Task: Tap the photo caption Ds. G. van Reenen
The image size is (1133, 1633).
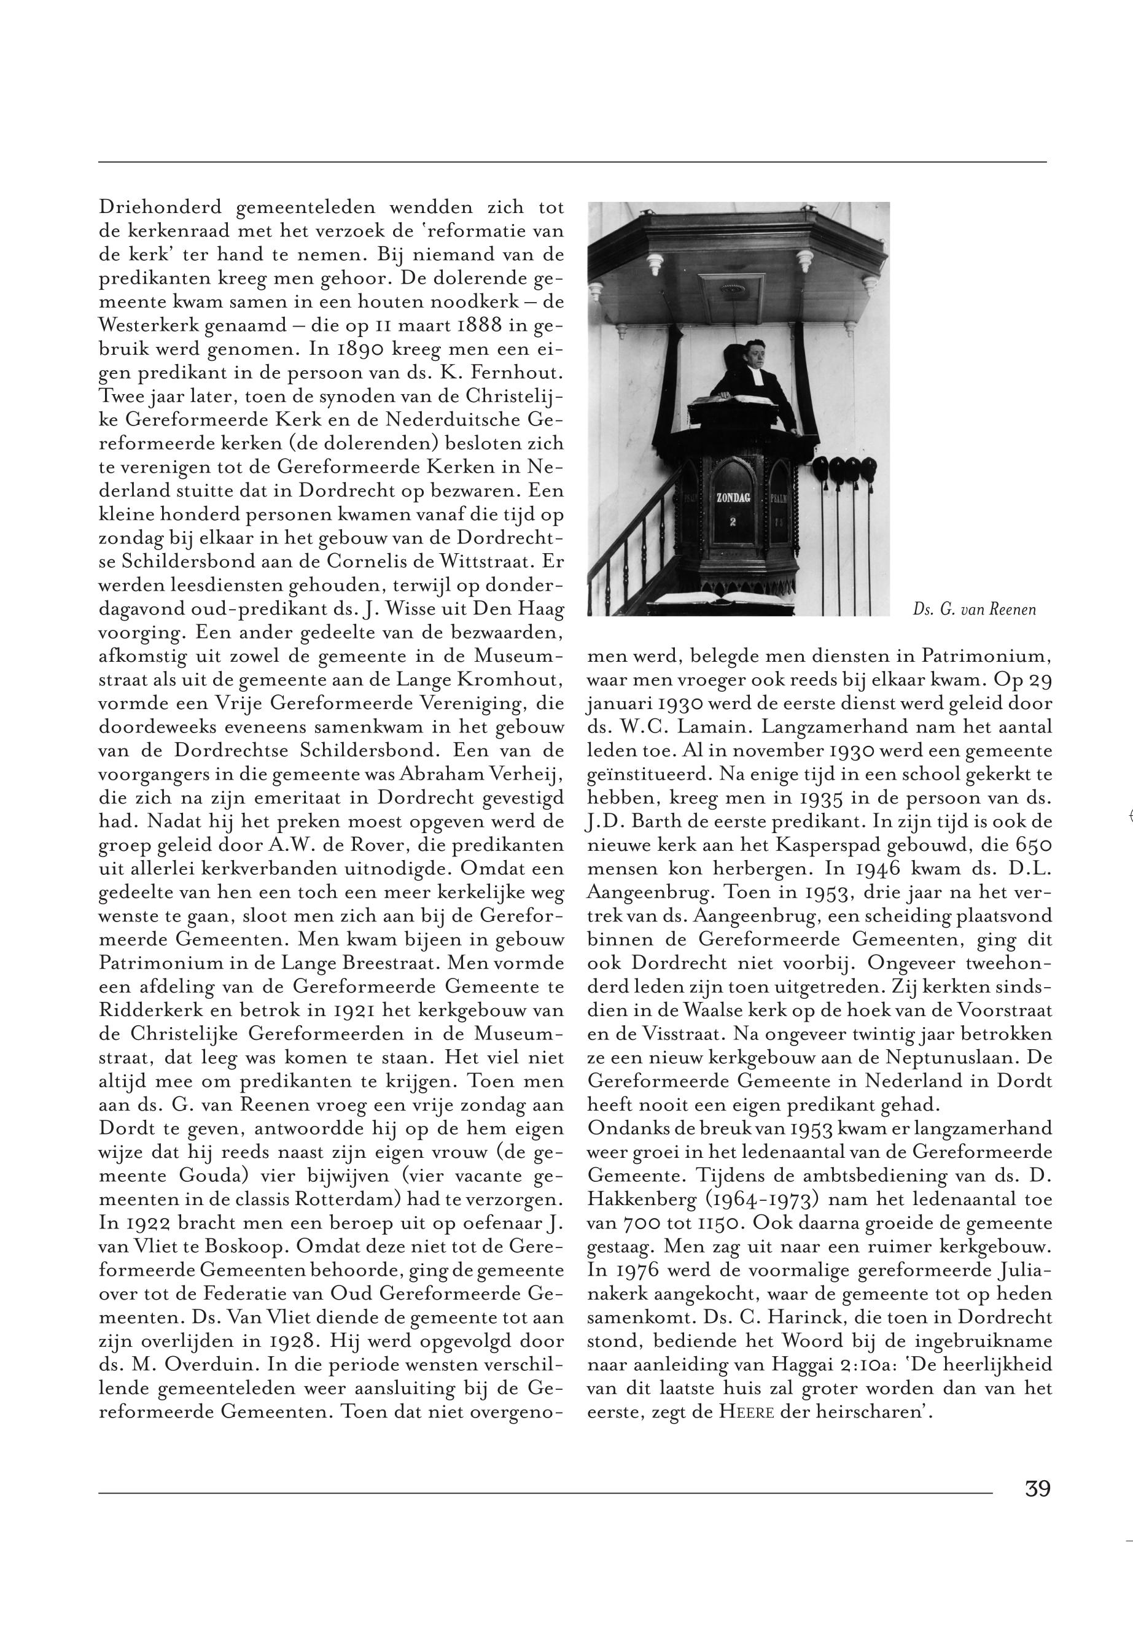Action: [x=975, y=610]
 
